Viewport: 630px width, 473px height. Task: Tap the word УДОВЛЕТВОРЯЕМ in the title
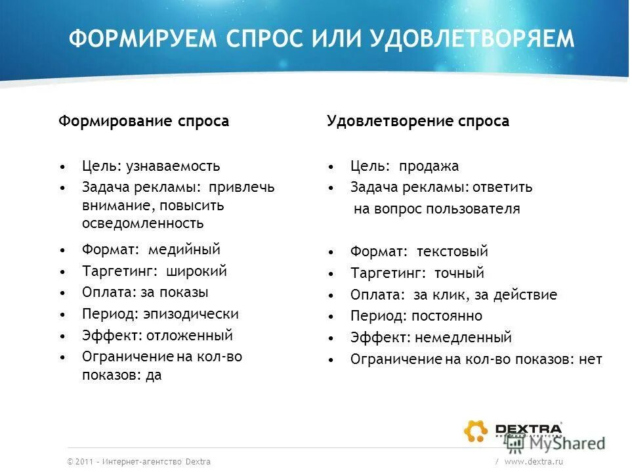point(472,40)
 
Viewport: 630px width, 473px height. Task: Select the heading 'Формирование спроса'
point(144,122)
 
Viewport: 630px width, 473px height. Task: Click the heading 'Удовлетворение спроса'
point(418,122)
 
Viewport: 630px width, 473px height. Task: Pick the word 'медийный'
point(184,250)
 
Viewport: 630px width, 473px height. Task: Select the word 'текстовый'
point(453,252)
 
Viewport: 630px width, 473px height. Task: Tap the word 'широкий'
point(197,271)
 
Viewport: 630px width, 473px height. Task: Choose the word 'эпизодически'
point(191,314)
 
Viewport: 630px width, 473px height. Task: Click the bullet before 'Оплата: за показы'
point(62,293)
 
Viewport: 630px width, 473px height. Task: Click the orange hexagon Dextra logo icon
point(476,431)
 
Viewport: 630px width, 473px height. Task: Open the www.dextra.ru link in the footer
point(534,462)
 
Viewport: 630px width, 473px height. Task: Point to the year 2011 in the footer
point(84,462)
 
